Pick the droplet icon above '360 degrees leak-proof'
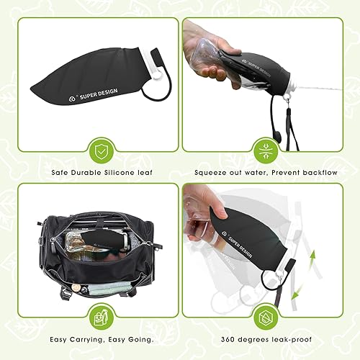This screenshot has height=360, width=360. tap(265, 318)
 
